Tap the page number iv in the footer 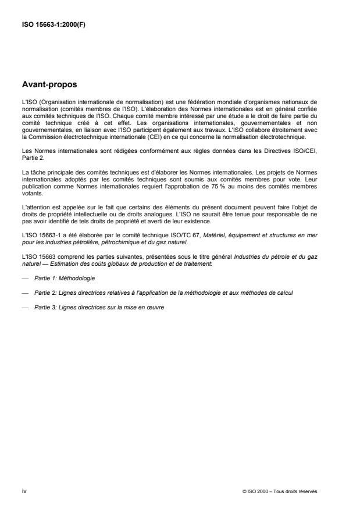23,491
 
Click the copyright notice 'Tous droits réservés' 298,491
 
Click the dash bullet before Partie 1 24,279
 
